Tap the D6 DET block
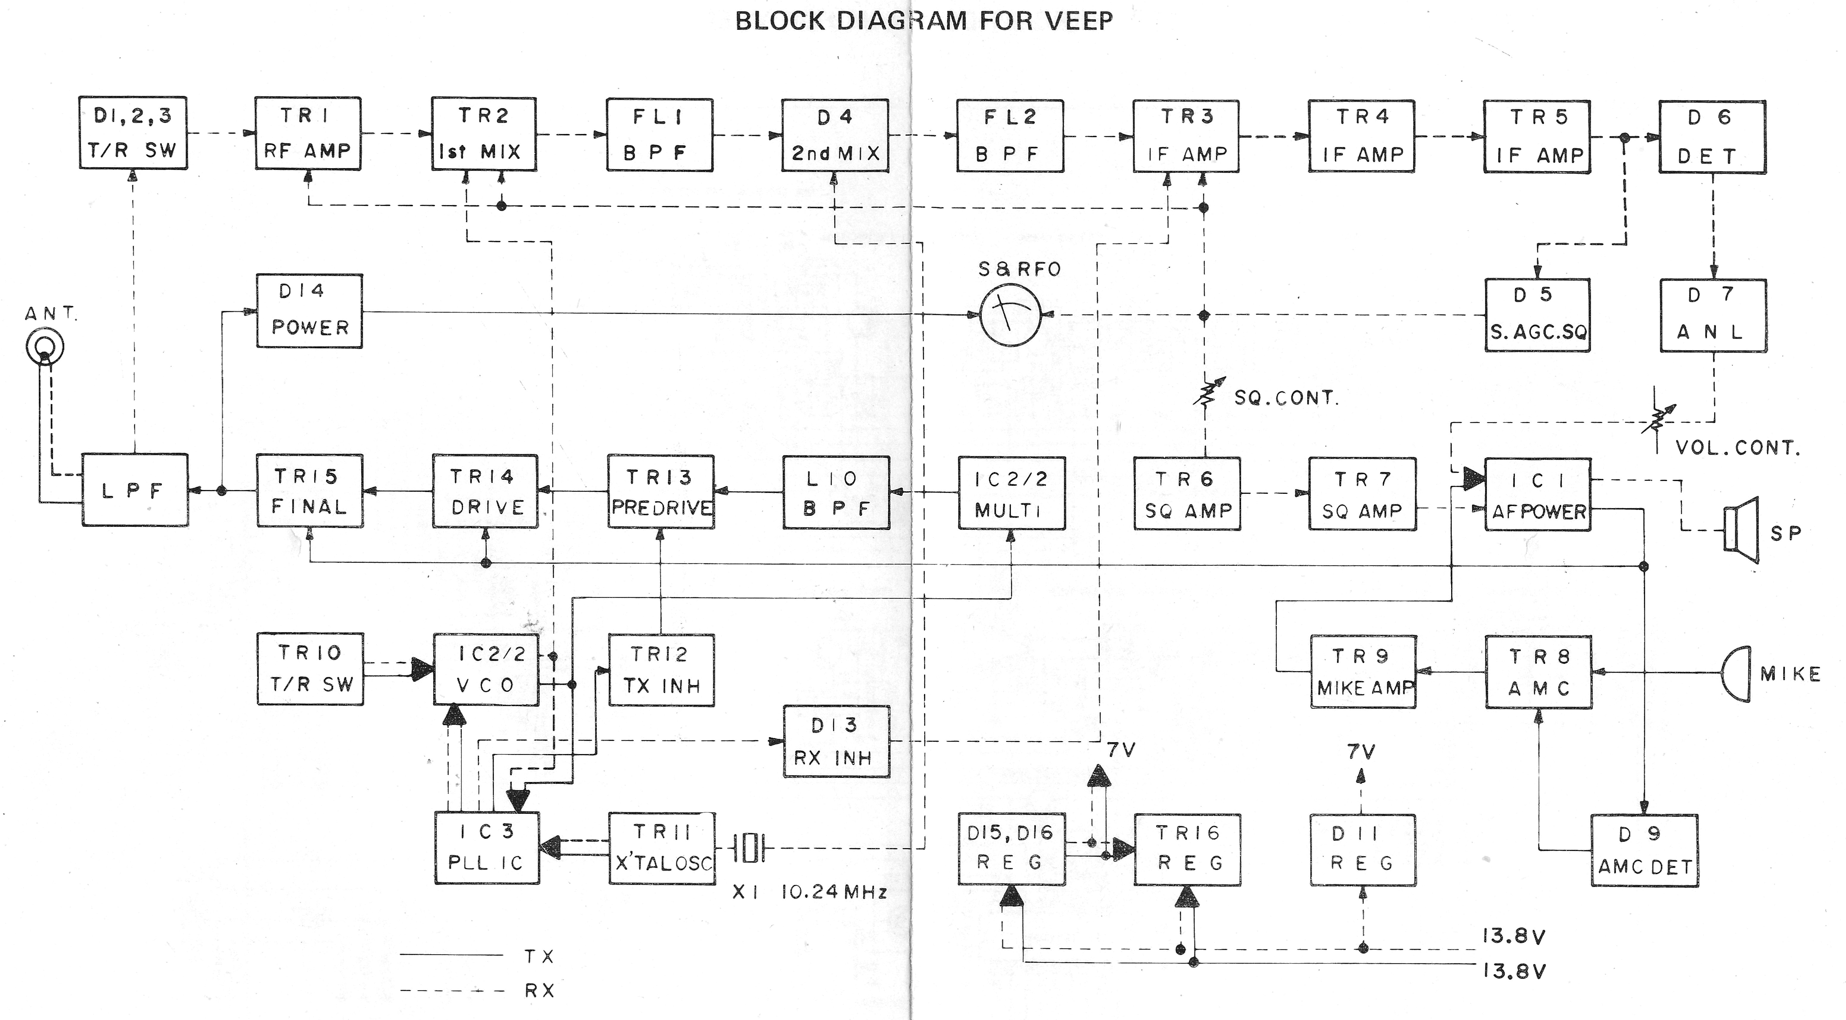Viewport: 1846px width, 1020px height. click(x=1712, y=137)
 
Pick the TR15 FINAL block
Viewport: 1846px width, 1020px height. click(x=310, y=491)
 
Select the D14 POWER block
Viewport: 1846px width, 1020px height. click(x=310, y=311)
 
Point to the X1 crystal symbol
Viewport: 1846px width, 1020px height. click(x=749, y=849)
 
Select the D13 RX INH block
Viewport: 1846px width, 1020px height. click(x=835, y=741)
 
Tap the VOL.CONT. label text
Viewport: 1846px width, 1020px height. click(x=1737, y=448)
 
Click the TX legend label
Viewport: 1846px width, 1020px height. click(x=539, y=956)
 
